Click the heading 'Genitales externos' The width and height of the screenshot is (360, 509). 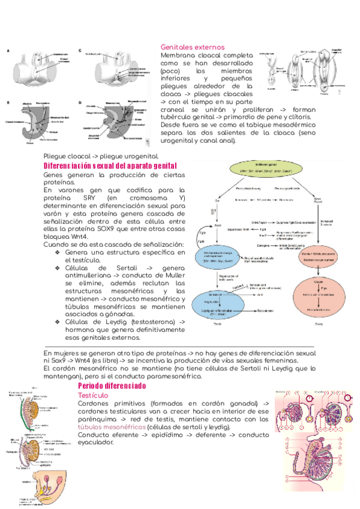192,47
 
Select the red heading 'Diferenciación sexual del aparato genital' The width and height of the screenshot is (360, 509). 110,166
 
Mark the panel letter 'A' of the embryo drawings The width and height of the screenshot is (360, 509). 8,50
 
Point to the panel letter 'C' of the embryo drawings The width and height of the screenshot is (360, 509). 80,50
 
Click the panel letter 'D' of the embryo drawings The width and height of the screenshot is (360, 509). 80,103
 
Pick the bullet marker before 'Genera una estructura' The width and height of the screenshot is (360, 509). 57,253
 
